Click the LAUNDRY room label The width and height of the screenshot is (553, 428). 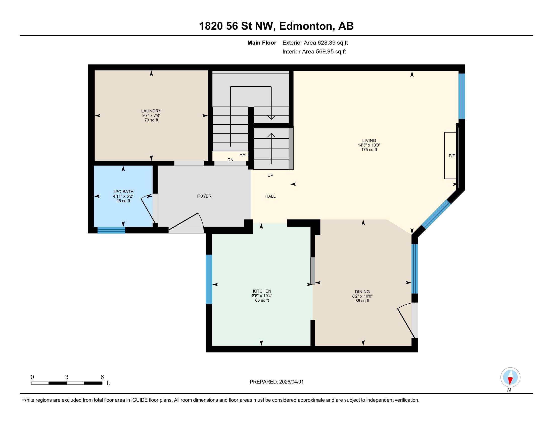tap(151, 111)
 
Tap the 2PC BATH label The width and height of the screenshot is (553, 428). tap(123, 192)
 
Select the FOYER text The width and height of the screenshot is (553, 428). tap(204, 196)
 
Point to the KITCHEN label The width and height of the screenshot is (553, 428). tap(262, 291)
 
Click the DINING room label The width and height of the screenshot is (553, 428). tap(362, 292)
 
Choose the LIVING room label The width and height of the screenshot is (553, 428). tap(369, 140)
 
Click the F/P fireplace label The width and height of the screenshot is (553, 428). tap(452, 156)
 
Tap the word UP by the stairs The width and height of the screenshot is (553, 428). tap(270, 175)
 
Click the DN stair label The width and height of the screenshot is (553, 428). tap(230, 160)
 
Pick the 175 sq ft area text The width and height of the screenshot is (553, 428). tap(369, 150)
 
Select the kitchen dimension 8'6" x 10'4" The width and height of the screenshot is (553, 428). tap(262, 296)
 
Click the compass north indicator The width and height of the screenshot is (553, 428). tap(510, 377)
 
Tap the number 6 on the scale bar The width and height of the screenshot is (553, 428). tap(102, 377)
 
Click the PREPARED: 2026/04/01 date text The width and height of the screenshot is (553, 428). tap(276, 382)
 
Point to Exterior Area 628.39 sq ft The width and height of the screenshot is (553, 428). tap(315, 43)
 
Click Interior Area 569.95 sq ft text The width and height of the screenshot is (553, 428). tap(314, 51)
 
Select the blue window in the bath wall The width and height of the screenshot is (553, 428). tap(111, 230)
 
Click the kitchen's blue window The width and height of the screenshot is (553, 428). tap(209, 279)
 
